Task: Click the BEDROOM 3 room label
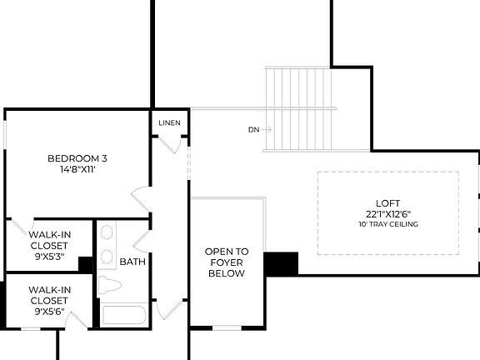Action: click(77, 158)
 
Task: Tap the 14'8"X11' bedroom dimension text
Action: click(77, 169)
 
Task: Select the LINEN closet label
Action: click(170, 124)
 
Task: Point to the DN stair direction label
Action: click(254, 130)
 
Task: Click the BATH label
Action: click(132, 262)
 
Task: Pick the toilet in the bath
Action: click(109, 286)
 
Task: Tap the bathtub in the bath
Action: click(123, 316)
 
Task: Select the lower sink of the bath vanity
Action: click(107, 257)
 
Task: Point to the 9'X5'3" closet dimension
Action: click(49, 257)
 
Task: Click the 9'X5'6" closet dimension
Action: click(49, 312)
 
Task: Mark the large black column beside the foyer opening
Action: click(281, 263)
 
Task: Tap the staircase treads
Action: click(300, 108)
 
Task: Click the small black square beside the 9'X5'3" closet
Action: click(84, 264)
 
